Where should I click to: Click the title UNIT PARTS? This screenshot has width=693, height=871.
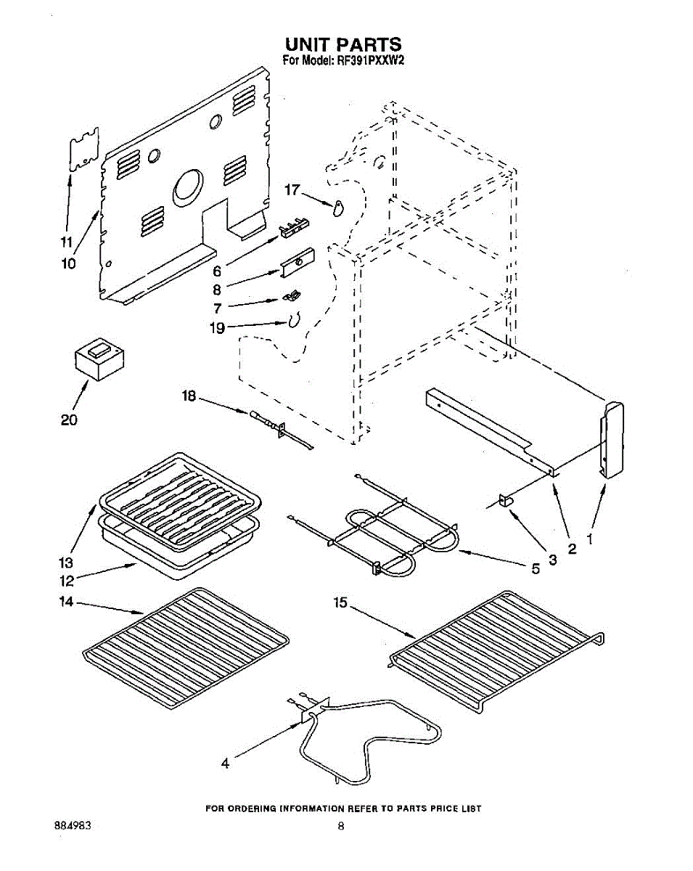[343, 45]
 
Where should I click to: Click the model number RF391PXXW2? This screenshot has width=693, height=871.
[370, 61]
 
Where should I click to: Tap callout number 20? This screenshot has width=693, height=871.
[69, 420]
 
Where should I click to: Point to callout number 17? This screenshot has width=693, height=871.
[292, 190]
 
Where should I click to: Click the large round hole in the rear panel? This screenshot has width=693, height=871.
[188, 187]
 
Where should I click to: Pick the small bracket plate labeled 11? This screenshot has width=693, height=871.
[83, 150]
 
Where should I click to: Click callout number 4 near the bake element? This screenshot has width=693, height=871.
[225, 763]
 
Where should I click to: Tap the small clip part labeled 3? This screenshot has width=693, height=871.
[505, 500]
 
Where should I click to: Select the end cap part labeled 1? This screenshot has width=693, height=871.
[611, 440]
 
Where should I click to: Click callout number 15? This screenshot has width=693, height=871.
[341, 602]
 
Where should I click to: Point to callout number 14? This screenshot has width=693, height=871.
[67, 601]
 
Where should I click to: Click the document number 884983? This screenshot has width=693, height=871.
[73, 826]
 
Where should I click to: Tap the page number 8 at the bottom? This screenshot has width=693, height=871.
[340, 826]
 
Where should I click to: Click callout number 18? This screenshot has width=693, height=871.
[189, 396]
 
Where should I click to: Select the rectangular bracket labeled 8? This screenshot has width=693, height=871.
[298, 262]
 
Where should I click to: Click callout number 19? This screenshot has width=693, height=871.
[217, 328]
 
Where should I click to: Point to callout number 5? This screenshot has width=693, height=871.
[536, 569]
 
